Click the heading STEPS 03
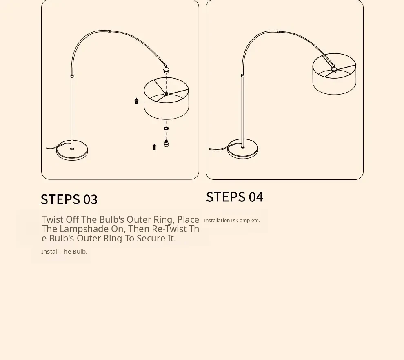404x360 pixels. [x=69, y=199]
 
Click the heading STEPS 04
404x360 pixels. [x=235, y=197]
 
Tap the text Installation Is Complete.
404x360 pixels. [x=232, y=221]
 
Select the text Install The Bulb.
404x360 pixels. [x=64, y=252]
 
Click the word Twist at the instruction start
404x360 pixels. [x=52, y=219]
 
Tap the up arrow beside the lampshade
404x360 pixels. [x=137, y=101]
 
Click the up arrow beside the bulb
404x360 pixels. [x=154, y=147]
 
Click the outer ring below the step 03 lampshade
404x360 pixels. [x=166, y=128]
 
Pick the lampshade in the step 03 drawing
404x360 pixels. [x=166, y=99]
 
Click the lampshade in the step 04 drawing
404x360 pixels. [x=334, y=74]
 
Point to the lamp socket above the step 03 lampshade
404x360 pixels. [x=166, y=69]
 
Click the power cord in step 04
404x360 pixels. [x=218, y=149]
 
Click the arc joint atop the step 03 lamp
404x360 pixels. [x=109, y=31]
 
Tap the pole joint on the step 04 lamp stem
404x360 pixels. [x=243, y=75]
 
